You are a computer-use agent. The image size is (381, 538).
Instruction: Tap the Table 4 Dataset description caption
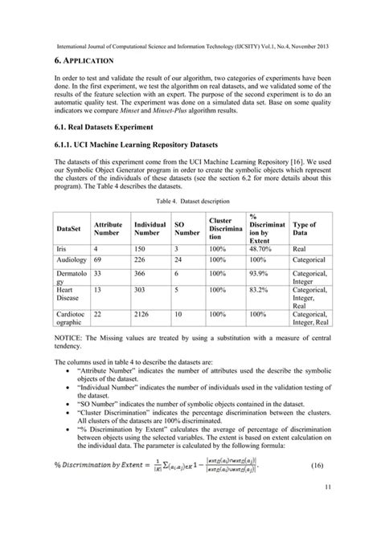(x=190, y=200)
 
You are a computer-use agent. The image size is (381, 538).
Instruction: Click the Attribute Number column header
(x=108, y=230)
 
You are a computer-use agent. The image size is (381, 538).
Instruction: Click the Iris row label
(x=64, y=250)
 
